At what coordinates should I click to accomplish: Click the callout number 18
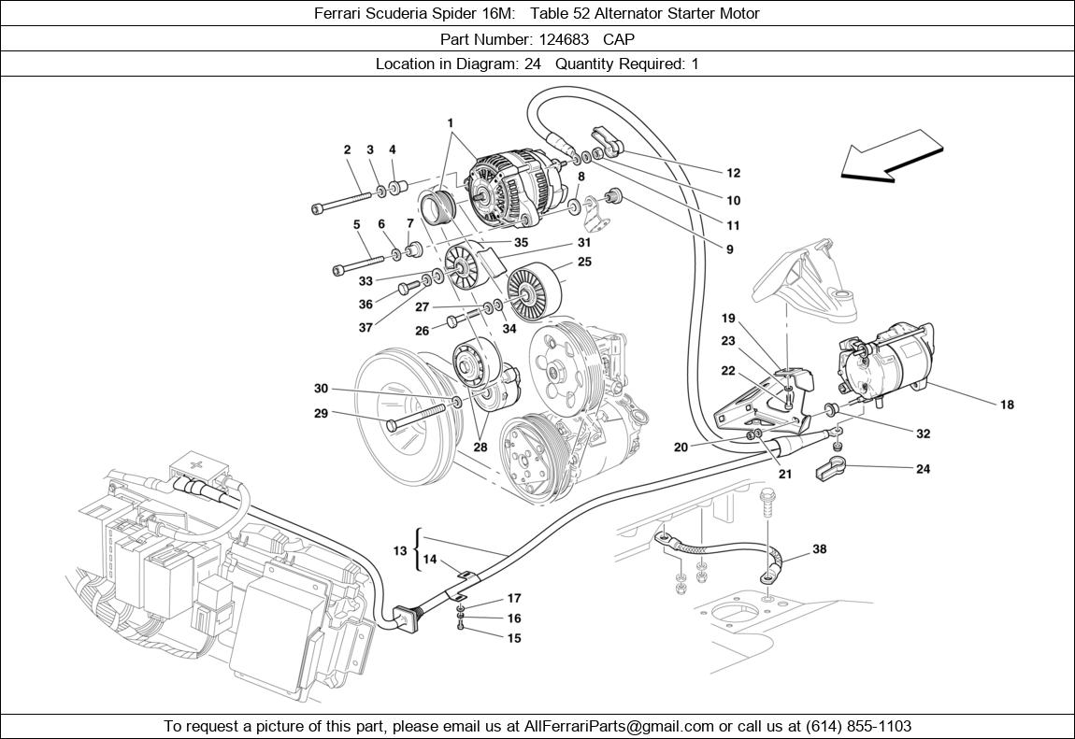tap(1007, 405)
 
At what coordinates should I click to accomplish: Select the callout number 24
tap(923, 469)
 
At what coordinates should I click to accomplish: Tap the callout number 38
tap(819, 549)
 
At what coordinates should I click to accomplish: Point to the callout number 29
tap(321, 413)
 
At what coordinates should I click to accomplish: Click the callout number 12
tap(733, 173)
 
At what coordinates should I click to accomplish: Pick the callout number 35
tap(521, 242)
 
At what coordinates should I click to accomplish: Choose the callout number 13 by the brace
tap(400, 550)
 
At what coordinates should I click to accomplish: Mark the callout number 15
tap(513, 638)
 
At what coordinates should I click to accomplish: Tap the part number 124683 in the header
tap(564, 38)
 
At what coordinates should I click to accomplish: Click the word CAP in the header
tap(619, 38)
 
